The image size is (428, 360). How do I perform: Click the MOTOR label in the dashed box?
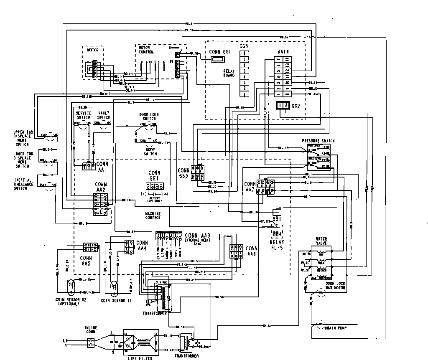pos(92,50)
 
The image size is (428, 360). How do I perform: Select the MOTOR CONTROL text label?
pos(146,50)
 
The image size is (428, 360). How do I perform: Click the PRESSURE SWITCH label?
pos(318,141)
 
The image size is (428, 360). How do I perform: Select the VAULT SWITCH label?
pos(104,115)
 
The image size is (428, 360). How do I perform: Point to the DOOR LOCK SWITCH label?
pos(149,116)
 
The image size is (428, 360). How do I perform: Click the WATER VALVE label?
pos(321,241)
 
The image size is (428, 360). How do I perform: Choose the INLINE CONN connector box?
pos(91,344)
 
